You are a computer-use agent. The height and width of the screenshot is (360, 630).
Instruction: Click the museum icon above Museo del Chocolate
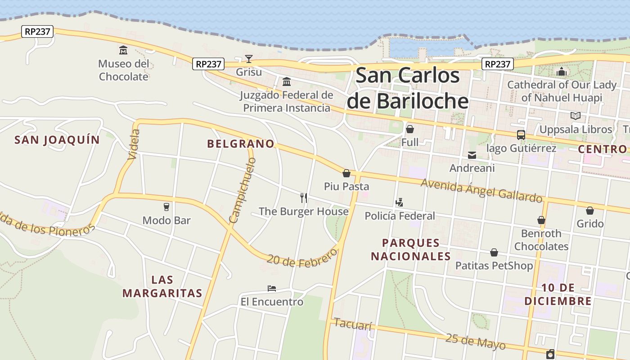click(x=123, y=50)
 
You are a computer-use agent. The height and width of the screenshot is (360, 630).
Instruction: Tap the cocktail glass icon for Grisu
click(x=248, y=58)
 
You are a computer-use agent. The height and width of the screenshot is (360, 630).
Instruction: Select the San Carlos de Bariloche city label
click(x=408, y=88)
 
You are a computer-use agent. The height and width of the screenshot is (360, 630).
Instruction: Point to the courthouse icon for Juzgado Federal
click(x=287, y=81)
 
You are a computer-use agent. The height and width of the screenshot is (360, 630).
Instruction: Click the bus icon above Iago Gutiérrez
click(x=521, y=135)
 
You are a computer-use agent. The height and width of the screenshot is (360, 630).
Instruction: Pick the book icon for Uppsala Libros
click(x=575, y=116)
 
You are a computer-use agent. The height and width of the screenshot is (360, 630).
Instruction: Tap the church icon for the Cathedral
click(x=562, y=72)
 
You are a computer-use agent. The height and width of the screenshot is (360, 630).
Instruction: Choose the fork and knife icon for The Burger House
click(x=304, y=198)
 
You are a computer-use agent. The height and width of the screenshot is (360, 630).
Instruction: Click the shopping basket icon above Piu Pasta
click(x=346, y=173)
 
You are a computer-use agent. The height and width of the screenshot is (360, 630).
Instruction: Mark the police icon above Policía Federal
click(x=399, y=202)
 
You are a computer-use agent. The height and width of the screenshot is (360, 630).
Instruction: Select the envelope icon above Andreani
click(x=472, y=155)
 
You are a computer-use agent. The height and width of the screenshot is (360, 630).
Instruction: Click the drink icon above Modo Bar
click(x=166, y=207)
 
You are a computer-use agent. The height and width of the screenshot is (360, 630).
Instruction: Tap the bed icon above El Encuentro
click(x=271, y=288)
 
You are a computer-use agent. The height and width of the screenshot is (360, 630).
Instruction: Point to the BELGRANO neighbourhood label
click(x=240, y=144)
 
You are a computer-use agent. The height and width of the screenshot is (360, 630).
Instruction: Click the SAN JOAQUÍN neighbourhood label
click(x=57, y=139)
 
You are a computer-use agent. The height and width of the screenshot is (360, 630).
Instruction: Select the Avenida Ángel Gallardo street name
click(x=481, y=190)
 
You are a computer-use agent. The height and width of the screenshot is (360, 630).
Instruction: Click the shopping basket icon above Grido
click(x=589, y=210)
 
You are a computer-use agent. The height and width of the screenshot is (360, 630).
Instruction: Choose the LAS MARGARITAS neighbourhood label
click(x=162, y=286)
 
